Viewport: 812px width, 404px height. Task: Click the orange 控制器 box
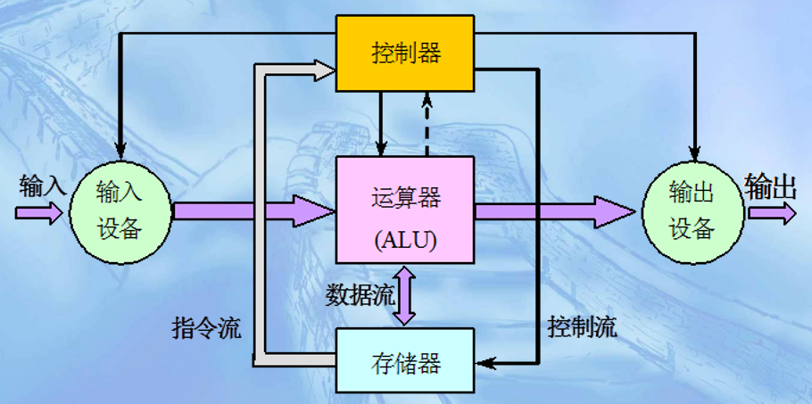pyautogui.click(x=405, y=54)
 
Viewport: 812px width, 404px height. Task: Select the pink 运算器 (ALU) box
pyautogui.click(x=405, y=210)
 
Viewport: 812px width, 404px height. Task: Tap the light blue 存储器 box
pyautogui.click(x=405, y=361)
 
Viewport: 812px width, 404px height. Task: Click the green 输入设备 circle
pyautogui.click(x=120, y=210)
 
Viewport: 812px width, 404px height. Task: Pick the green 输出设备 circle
pyautogui.click(x=692, y=211)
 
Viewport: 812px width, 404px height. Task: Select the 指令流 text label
pyautogui.click(x=205, y=327)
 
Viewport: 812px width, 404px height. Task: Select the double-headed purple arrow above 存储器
pyautogui.click(x=405, y=297)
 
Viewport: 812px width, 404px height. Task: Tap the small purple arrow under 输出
pyautogui.click(x=771, y=213)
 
